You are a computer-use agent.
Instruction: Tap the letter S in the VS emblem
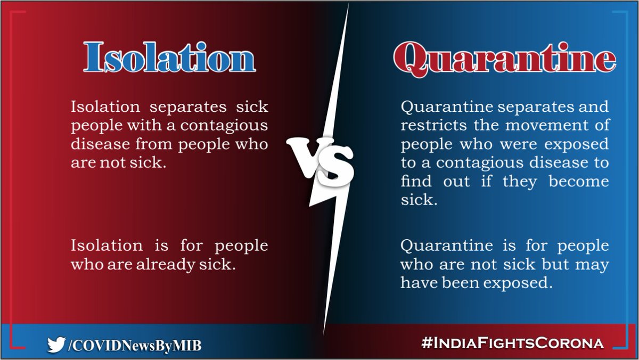(x=337, y=165)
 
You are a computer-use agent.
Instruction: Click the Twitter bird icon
(x=55, y=345)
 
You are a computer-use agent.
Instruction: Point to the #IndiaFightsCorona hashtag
(x=512, y=343)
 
